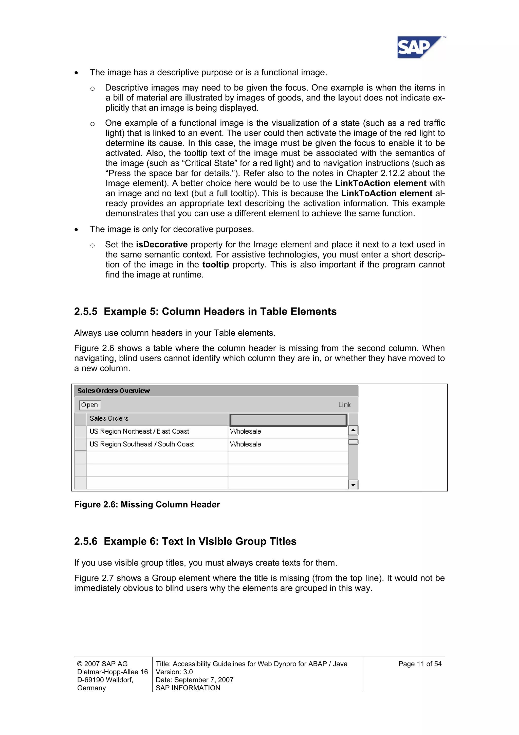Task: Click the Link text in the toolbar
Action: point(344,405)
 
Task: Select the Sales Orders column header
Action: point(109,418)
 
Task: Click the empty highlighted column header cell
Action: point(288,420)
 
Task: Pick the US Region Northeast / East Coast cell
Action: point(139,432)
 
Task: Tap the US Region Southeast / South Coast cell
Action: point(142,444)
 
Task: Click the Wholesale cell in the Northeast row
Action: point(245,432)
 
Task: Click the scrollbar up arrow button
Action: point(353,430)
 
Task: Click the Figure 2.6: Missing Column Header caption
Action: point(147,505)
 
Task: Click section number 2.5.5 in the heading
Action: point(86,312)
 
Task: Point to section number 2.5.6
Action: point(86,541)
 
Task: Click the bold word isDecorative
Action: point(161,245)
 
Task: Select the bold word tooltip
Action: point(215,265)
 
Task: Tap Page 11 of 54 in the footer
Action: point(420,664)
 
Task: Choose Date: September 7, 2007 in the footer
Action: point(194,680)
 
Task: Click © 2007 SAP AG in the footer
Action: point(102,664)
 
